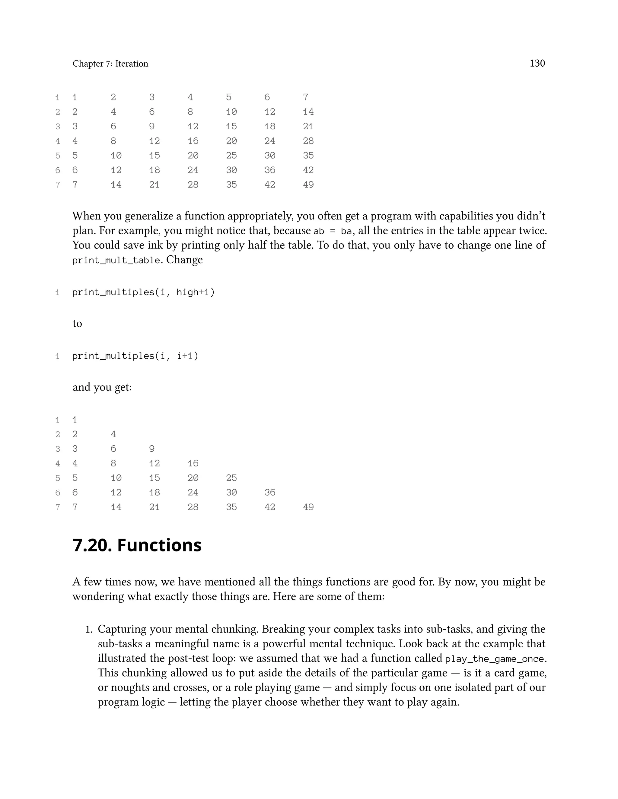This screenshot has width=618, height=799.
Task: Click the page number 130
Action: pos(537,63)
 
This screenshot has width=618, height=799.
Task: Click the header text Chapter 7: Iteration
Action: pos(110,64)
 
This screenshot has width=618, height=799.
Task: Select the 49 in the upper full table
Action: pos(308,185)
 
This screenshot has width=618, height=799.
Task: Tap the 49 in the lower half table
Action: pos(308,507)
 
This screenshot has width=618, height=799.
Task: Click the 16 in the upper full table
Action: pos(193,141)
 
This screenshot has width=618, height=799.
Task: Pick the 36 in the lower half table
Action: pos(270,492)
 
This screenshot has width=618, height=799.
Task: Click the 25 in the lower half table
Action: pos(231,478)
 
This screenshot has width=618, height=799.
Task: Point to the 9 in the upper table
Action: pos(151,126)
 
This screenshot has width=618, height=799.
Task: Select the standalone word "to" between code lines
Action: pos(77,324)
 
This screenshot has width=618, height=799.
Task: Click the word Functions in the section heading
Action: pos(159,545)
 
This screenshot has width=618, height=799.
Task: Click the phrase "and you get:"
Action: pos(102,387)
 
